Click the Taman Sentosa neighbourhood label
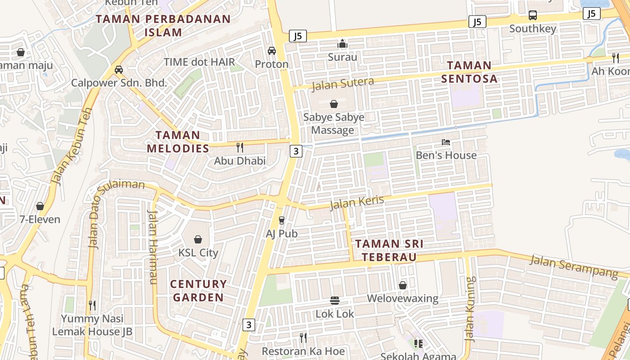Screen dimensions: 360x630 pos(469,72)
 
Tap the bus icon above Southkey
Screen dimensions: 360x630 pos(533,15)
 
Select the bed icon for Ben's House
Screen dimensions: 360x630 pos(446,142)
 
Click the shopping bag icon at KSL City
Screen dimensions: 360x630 pos(198,239)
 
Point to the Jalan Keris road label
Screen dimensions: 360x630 pos(357,202)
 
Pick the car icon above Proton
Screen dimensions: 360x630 pos(272,51)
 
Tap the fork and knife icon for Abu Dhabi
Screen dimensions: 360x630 pos(240,147)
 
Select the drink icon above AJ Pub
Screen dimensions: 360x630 pos(282,220)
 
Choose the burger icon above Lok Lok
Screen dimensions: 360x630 pos(334,300)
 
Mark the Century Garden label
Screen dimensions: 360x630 pos(198,291)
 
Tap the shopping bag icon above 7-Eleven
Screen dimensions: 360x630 pos(40,206)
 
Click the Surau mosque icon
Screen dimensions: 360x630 pos(342,44)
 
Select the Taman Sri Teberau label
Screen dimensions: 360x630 pos(390,251)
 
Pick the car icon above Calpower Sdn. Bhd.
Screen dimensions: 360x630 pos(119,70)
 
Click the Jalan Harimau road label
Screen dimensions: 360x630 pos(153,247)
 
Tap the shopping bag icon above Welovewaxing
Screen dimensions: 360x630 pos(403,285)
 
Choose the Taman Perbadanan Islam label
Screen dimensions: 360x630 pos(163,26)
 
